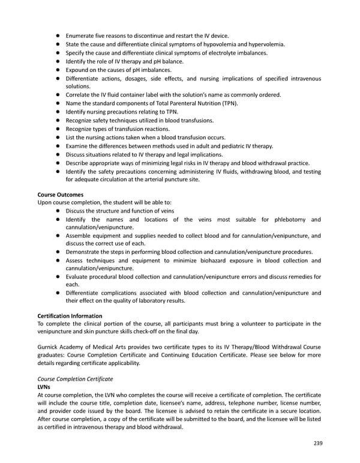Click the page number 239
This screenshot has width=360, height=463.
[x=318, y=443]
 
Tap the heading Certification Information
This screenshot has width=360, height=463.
[x=70, y=316]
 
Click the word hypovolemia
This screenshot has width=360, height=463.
[x=208, y=44]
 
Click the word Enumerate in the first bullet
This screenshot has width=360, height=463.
[x=83, y=36]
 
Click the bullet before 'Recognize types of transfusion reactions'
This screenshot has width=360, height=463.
[x=58, y=129]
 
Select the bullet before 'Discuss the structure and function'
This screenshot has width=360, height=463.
[x=58, y=211]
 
